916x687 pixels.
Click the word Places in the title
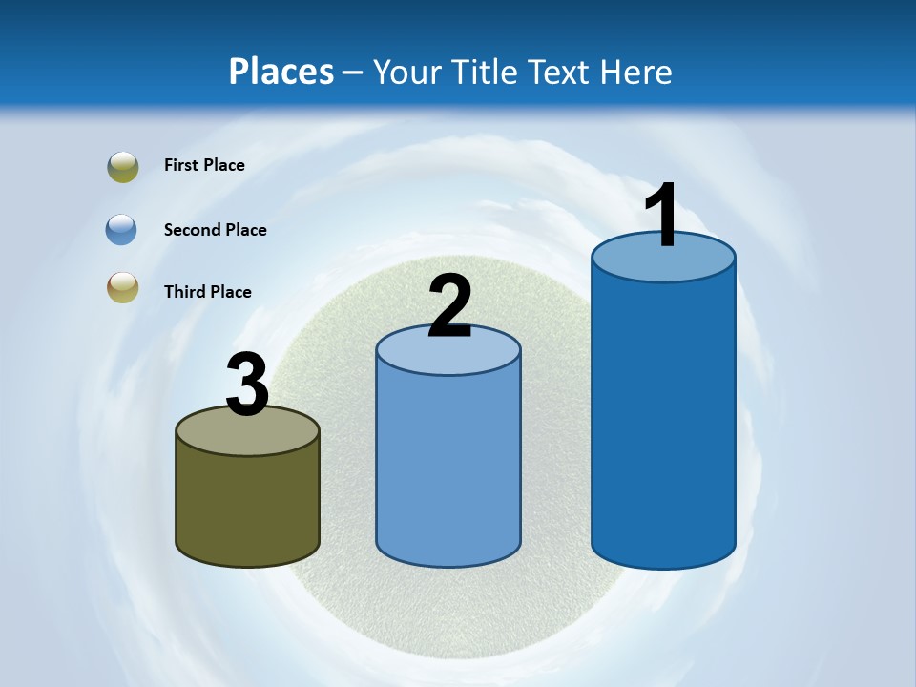[x=281, y=72]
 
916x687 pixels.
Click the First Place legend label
[x=204, y=165]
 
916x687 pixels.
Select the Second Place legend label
[x=215, y=230]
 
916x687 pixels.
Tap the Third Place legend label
[x=207, y=292]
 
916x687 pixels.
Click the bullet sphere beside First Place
[x=123, y=167]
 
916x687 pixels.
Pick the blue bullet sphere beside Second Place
[x=122, y=230]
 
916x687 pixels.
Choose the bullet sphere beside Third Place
[x=123, y=287]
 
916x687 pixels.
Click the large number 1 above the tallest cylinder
[x=662, y=216]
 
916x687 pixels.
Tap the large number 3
[x=248, y=385]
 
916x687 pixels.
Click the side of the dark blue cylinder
[x=664, y=420]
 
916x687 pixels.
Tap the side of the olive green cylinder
[x=248, y=506]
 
